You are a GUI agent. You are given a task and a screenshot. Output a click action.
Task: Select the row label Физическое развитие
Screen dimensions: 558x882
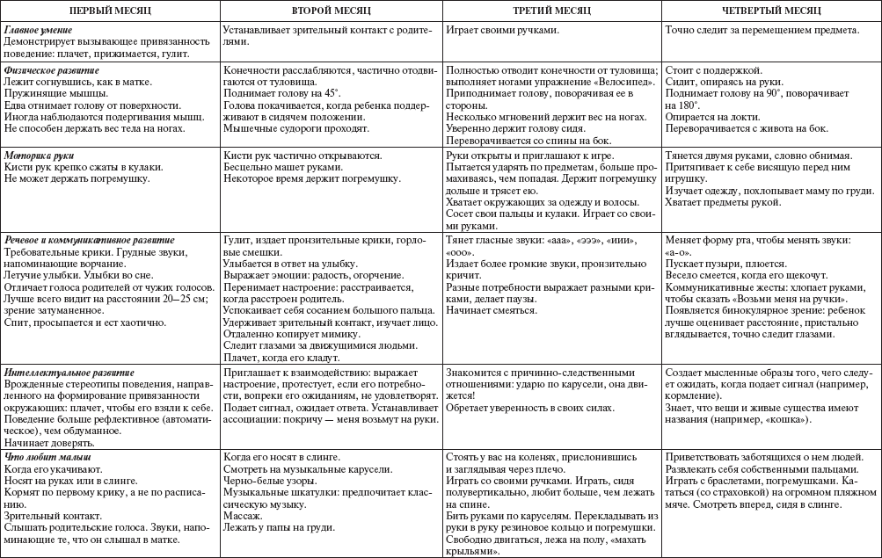click(x=51, y=69)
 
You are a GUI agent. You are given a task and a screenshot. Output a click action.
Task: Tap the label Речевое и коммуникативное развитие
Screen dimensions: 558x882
click(x=89, y=239)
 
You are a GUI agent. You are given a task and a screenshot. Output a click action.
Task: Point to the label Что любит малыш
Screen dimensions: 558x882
click(x=47, y=457)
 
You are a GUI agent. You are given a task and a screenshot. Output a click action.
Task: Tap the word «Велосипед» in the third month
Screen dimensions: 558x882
click(x=626, y=80)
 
